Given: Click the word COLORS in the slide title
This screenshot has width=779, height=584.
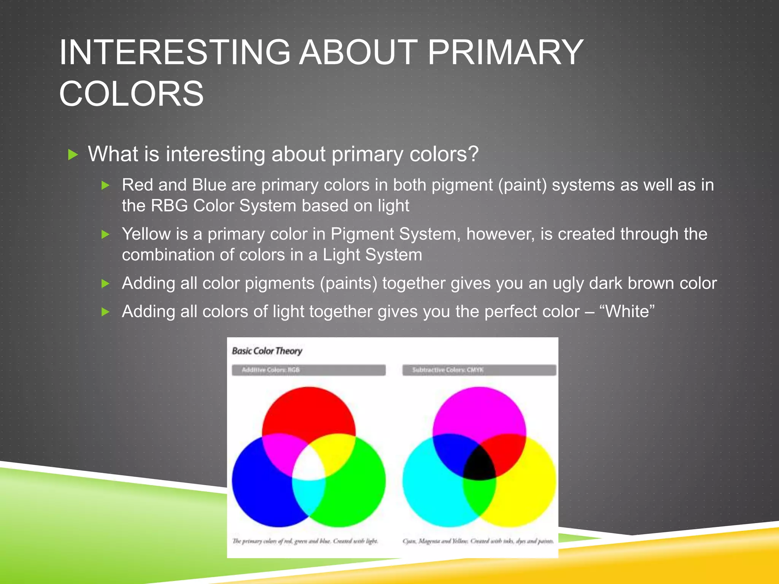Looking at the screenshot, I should point(131,94).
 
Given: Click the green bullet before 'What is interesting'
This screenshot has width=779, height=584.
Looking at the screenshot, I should point(73,154).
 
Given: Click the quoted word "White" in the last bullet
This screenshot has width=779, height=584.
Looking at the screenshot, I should point(627,311).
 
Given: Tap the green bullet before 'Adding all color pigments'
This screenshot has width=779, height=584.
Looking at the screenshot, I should point(105,284).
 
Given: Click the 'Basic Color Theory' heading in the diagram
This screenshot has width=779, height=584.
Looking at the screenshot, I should point(267,351).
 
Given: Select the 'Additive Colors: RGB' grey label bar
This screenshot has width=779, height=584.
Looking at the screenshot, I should point(308,370).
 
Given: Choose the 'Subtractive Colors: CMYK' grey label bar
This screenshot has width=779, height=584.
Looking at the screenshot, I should point(479,370).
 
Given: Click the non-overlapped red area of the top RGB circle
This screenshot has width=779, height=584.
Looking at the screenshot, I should point(308,411).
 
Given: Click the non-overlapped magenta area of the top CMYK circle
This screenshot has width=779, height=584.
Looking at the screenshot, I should point(479,411).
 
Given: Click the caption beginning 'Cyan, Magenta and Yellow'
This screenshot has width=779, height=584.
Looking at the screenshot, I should point(478,541).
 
